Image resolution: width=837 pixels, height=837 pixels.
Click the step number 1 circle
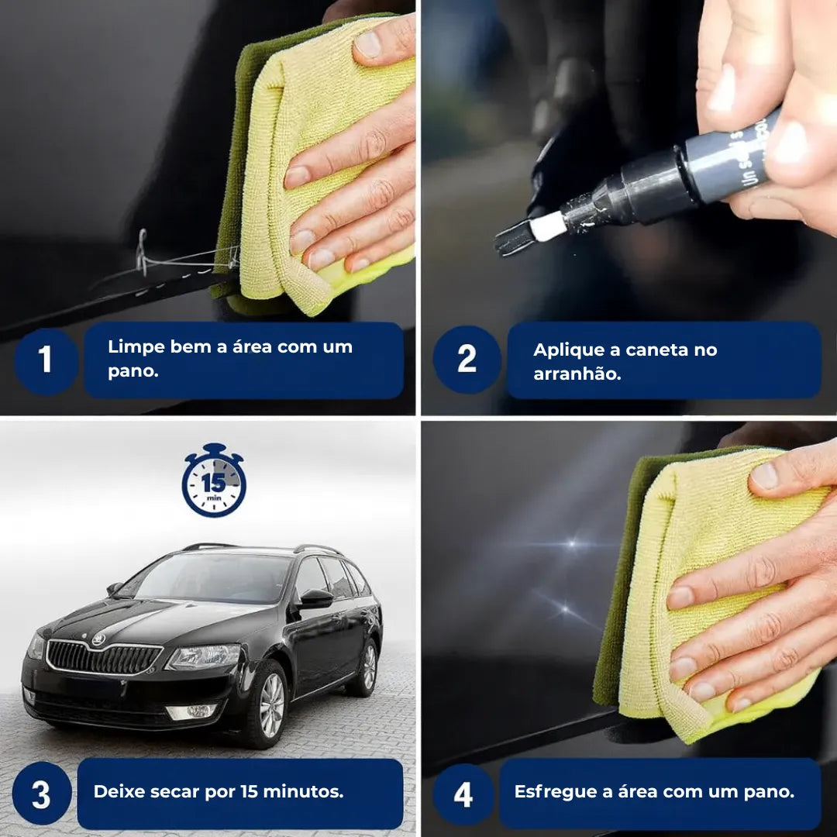pyautogui.click(x=46, y=360)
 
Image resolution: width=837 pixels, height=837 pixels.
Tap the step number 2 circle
pyautogui.click(x=467, y=359)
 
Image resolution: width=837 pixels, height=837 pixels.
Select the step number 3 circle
pyautogui.click(x=42, y=794)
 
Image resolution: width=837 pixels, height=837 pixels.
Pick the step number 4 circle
pyautogui.click(x=463, y=794)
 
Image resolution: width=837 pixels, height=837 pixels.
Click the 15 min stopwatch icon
pyautogui.click(x=214, y=480)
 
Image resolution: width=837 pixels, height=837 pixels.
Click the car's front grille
pyautogui.click(x=103, y=658)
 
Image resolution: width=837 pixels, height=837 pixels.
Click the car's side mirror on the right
pyautogui.click(x=315, y=598)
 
